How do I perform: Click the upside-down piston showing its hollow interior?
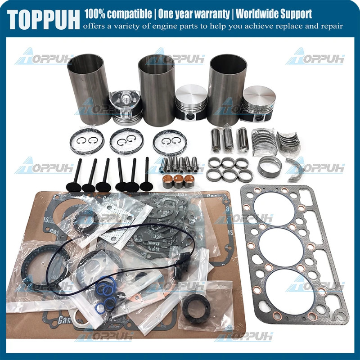point(126,107)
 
